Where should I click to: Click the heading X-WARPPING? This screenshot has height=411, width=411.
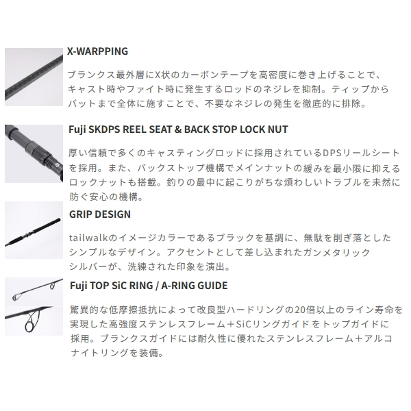tap(97, 51)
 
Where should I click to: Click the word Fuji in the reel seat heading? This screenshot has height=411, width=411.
tap(77, 129)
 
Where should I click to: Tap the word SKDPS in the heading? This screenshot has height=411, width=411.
tap(105, 129)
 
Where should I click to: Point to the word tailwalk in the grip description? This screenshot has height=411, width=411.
tap(86, 237)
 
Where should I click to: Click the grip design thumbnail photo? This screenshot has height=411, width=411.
tap(34, 232)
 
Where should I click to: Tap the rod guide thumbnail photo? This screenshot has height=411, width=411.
tap(34, 305)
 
